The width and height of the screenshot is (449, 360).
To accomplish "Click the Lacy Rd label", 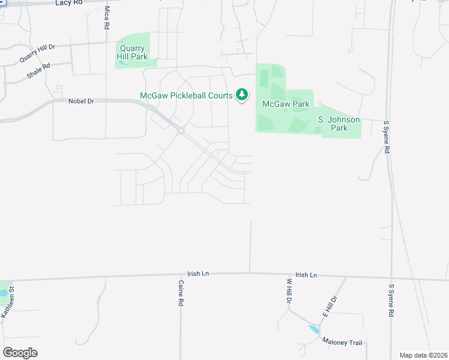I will pos(68,3).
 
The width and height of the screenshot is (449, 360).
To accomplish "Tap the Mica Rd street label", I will pos(106,18).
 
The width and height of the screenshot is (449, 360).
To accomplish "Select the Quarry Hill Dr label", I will pos(37,53).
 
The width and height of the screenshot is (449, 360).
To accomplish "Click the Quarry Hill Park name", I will pos(131,52).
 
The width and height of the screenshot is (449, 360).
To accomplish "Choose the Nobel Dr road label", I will pos(82,101).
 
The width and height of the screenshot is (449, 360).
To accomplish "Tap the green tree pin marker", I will pos(242,94).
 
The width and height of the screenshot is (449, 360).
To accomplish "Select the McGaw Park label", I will pos(286,104).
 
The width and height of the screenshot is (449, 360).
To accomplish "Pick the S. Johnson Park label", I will pos(339,124).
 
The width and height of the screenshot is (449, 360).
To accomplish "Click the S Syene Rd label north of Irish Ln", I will pos(386,138).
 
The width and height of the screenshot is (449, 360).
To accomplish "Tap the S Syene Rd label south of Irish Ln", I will pos(391,301).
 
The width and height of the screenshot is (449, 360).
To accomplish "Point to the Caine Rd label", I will pos(180,293).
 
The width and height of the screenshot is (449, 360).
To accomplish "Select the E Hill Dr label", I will pos(331,306).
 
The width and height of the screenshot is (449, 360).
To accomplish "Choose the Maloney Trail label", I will pos(342,343).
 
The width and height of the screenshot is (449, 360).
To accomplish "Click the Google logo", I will pos(20,352).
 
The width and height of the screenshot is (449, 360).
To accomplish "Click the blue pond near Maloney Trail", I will pos(313,329).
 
